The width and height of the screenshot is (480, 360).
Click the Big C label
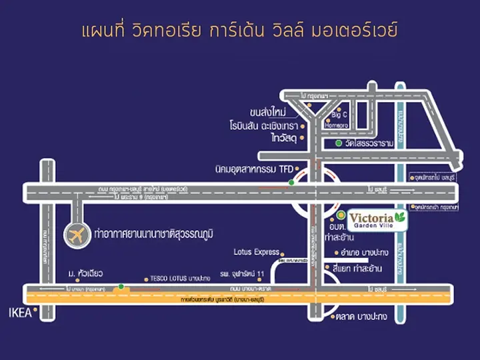[341, 114]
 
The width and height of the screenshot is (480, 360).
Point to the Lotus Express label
[256, 252]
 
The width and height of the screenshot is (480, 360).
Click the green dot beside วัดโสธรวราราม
[338, 143]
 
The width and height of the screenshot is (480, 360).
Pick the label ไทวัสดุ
[283, 138]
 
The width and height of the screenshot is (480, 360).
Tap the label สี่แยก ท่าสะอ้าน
[366, 268]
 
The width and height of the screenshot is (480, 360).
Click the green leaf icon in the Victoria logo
[400, 217]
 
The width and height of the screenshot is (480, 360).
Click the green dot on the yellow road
[121, 287]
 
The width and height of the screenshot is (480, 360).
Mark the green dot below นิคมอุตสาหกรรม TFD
[291, 182]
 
